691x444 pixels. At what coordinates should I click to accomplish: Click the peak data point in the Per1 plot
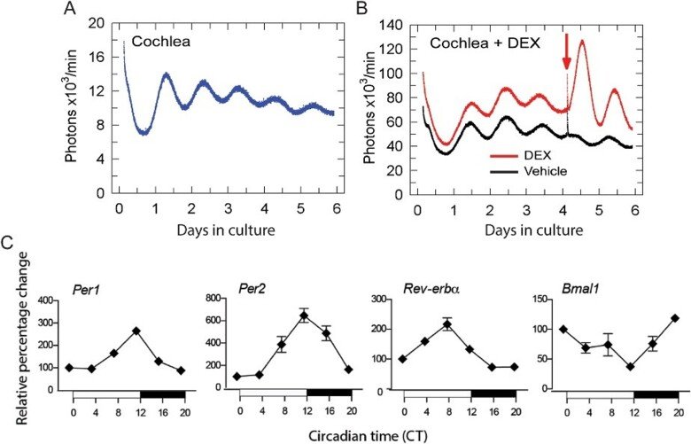[136, 331]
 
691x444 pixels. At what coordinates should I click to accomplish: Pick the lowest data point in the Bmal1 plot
[630, 367]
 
